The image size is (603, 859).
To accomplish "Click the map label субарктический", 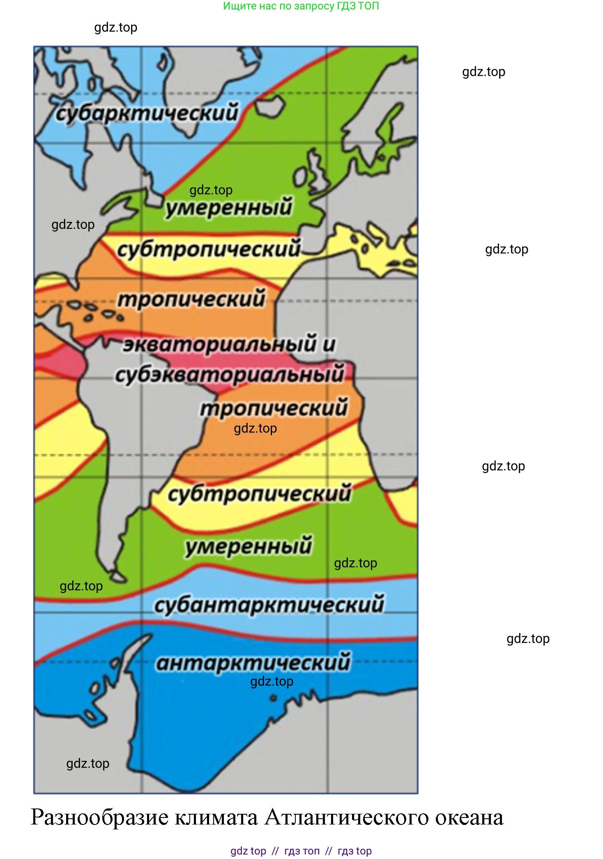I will coord(147,113).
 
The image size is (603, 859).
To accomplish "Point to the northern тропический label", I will coord(191,299).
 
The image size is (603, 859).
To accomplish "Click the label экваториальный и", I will coord(229,344).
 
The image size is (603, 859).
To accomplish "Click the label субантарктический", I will coord(269,605).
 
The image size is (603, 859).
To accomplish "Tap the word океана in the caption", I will coord(469,818).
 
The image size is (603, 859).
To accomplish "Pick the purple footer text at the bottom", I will coord(301,851).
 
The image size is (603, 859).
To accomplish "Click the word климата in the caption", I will coord(216,818).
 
